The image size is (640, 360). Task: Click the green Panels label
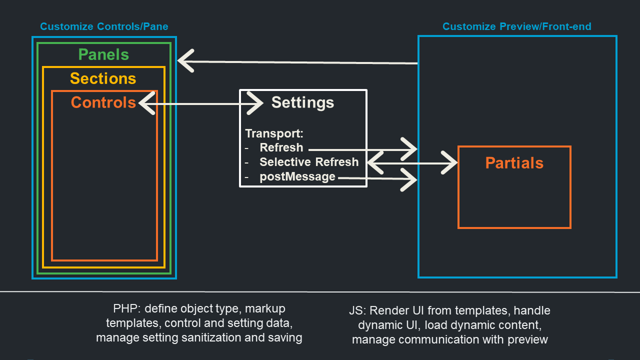[103, 54]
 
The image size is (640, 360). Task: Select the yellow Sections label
[103, 78]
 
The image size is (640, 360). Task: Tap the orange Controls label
[103, 102]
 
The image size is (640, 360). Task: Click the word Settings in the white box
[302, 102]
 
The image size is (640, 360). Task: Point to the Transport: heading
[274, 134]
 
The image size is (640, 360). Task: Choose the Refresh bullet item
[281, 148]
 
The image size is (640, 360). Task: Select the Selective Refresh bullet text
[309, 162]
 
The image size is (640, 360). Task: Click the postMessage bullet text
[297, 176]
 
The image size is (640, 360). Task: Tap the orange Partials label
[514, 163]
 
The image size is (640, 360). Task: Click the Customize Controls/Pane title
[104, 26]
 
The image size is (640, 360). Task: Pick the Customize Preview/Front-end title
[517, 26]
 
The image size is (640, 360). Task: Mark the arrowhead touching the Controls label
[145, 104]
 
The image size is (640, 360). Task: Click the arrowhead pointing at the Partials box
[450, 162]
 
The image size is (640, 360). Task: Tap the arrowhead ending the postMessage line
[410, 179]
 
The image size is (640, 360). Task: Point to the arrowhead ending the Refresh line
[410, 149]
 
